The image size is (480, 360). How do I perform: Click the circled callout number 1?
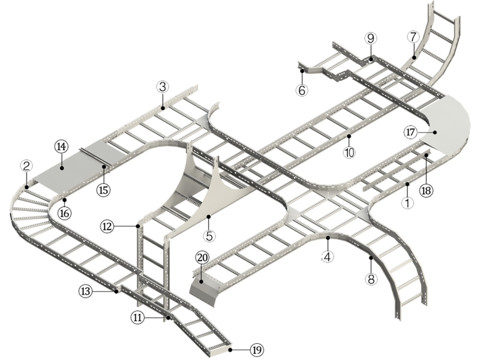click(x=407, y=203)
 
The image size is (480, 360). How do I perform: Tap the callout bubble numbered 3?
click(x=163, y=86)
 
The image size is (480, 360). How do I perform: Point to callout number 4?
click(x=328, y=257)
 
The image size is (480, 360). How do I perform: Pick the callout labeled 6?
click(x=302, y=91)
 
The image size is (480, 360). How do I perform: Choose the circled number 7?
click(x=413, y=36)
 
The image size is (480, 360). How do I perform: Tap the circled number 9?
click(x=371, y=38)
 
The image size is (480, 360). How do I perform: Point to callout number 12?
click(x=107, y=226)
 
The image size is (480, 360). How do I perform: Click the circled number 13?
click(x=85, y=291)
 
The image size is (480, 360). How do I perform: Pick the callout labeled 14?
click(x=61, y=146)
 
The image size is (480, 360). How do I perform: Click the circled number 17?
click(x=410, y=131)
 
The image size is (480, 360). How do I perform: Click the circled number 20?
click(x=202, y=257)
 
